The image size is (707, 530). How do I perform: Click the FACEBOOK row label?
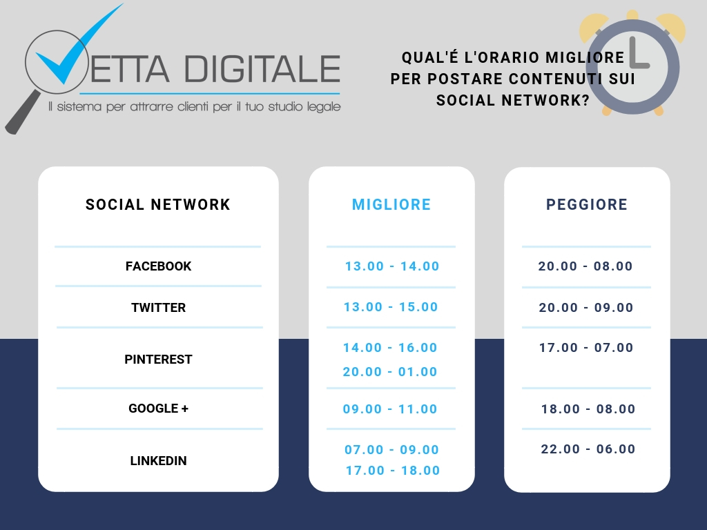(158, 266)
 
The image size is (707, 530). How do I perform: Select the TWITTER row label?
(158, 307)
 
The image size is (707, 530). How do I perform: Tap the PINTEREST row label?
(158, 359)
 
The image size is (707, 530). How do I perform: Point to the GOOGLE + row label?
(158, 409)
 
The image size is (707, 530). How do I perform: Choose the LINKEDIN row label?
(158, 460)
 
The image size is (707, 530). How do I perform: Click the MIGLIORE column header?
(391, 204)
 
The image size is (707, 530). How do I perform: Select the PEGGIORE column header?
(587, 204)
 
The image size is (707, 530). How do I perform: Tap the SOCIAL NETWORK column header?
(158, 204)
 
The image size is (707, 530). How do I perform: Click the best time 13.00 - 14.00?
(392, 266)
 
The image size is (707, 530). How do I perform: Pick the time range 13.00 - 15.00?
(391, 307)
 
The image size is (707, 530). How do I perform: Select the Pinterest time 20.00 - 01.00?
(390, 372)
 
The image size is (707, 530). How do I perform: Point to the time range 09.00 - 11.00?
(390, 409)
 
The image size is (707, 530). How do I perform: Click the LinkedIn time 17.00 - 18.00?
(393, 471)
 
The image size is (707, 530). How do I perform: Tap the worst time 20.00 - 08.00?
(585, 266)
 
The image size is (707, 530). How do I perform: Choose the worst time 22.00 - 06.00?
(588, 449)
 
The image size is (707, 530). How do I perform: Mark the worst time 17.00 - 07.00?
(586, 348)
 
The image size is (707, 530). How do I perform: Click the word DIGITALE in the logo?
(262, 69)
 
